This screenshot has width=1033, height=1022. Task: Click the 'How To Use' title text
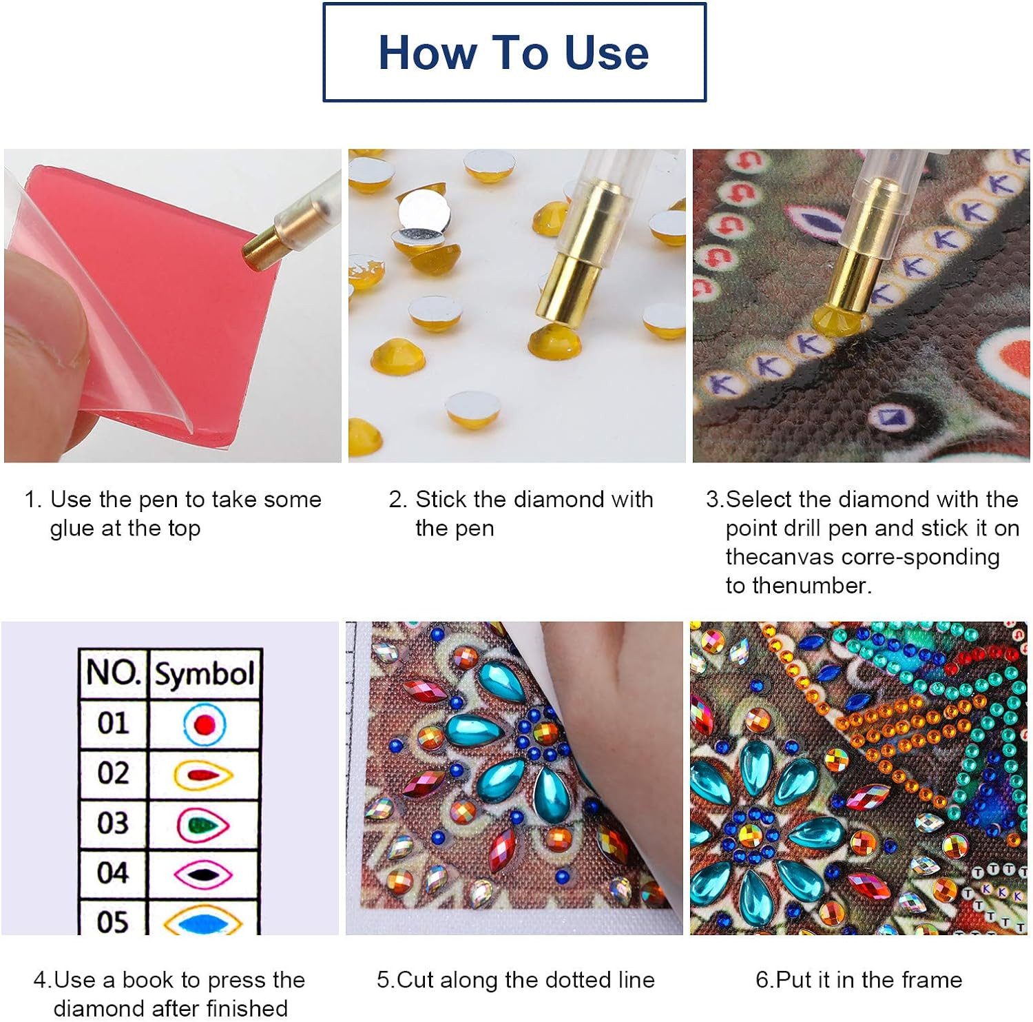click(514, 52)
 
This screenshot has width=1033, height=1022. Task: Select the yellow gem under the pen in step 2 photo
click(554, 339)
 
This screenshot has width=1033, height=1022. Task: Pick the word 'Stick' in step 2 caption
click(441, 499)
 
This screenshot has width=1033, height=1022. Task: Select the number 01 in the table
click(113, 723)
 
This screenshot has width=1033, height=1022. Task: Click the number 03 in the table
click(113, 823)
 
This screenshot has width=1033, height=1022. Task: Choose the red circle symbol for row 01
click(205, 724)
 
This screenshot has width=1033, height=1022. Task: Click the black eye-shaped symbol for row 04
click(203, 875)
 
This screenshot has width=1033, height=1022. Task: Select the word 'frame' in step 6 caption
click(927, 979)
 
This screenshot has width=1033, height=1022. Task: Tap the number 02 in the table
click(113, 773)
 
